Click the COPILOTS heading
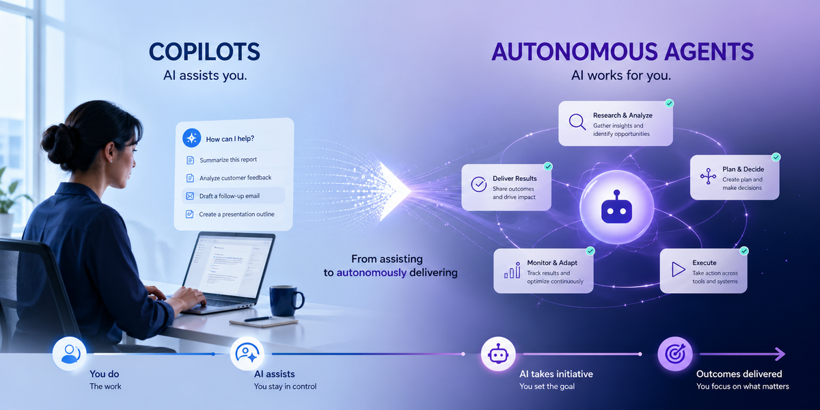click(204, 52)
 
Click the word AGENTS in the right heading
click(709, 52)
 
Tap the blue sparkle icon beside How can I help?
click(191, 138)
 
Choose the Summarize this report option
click(228, 160)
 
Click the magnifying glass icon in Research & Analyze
click(577, 122)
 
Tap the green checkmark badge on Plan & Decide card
click(776, 157)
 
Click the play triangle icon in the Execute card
click(679, 270)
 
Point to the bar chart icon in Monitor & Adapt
click(512, 270)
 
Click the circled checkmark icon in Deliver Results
click(479, 184)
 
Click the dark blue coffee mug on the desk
click(286, 301)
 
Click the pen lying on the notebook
click(258, 319)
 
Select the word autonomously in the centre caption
click(371, 273)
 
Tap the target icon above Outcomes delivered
click(675, 354)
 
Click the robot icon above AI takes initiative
click(498, 354)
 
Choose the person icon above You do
click(70, 354)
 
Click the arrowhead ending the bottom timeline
click(780, 354)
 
